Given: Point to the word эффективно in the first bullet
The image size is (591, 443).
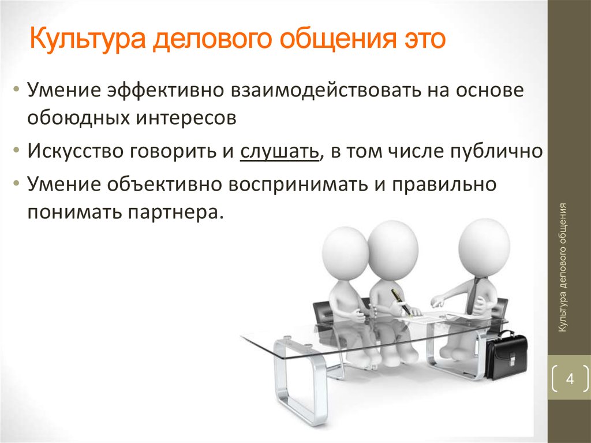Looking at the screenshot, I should point(166,91).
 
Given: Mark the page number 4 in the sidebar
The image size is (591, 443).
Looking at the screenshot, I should point(570,379).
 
